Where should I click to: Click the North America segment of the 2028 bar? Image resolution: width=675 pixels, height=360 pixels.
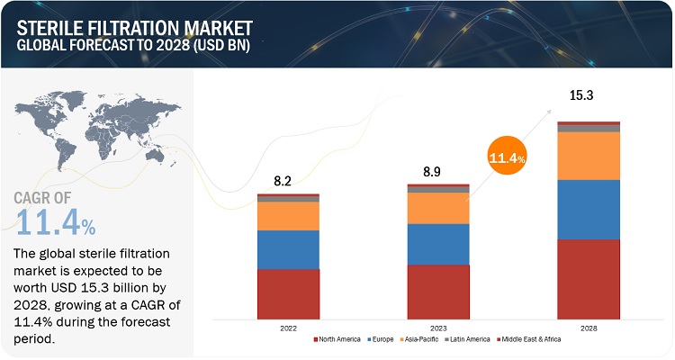[589, 279]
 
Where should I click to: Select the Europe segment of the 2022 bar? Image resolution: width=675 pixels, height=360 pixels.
[288, 249]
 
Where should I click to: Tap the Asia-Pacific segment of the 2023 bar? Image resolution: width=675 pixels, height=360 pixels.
[438, 208]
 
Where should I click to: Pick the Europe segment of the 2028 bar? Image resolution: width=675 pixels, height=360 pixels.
[589, 209]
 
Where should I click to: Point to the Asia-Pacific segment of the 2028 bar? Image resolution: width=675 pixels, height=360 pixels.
[589, 156]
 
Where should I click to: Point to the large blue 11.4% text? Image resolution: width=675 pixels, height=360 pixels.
[56, 218]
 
